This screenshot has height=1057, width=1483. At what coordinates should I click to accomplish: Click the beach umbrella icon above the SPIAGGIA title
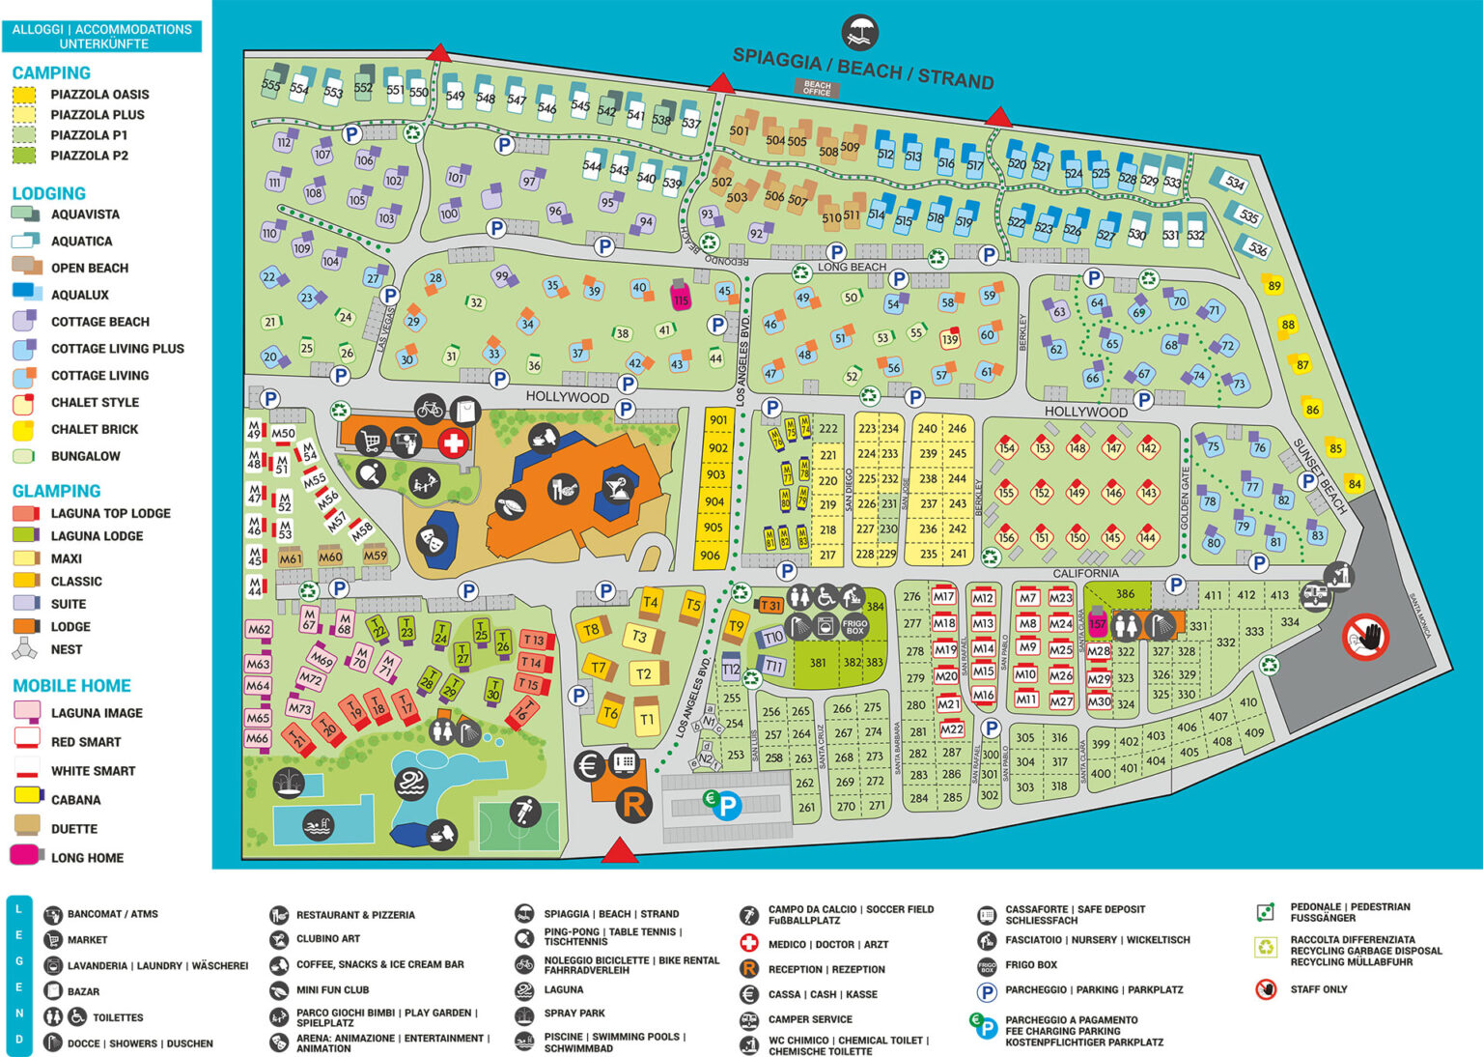click(858, 32)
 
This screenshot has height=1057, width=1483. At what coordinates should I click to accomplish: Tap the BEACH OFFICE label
click(817, 88)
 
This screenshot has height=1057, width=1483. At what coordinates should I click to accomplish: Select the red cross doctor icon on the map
click(453, 443)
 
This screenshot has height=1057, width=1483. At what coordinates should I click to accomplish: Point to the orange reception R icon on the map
click(633, 804)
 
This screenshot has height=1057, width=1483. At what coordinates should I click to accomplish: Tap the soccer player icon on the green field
click(525, 811)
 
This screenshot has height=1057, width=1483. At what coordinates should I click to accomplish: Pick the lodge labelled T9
click(736, 626)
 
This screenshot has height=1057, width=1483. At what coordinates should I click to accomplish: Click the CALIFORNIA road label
click(1085, 573)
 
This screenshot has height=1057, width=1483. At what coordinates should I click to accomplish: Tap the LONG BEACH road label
click(852, 267)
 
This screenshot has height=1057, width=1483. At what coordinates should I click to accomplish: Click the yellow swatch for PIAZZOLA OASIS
click(24, 95)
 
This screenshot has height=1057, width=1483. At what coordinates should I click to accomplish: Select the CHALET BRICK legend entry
click(94, 429)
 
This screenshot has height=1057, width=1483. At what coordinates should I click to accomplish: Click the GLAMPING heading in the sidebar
click(56, 491)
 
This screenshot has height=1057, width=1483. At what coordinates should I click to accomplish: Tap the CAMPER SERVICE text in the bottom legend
click(809, 1019)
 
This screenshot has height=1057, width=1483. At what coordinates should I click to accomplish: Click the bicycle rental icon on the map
click(430, 409)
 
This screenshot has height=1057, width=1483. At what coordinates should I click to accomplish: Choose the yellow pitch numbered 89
click(1273, 285)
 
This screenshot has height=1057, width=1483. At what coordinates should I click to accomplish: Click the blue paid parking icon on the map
click(725, 805)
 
